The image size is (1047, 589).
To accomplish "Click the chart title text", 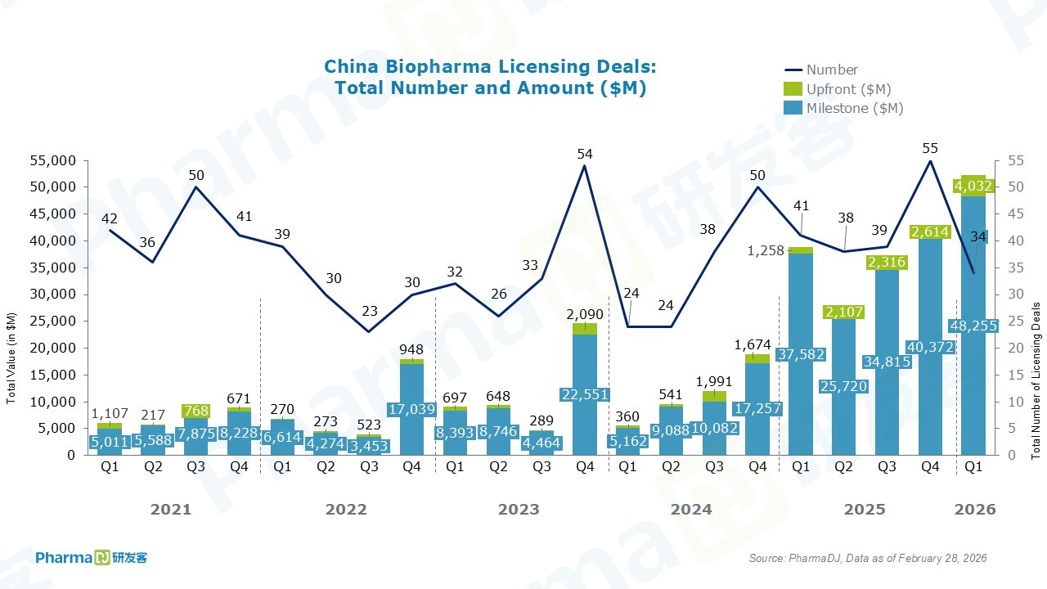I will tap(490, 77).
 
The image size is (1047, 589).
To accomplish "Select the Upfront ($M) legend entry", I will tap(848, 89).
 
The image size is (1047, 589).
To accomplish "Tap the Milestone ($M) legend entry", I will tap(855, 108).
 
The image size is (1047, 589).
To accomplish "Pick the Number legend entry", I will tap(832, 70).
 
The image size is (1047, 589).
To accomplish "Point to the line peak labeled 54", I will tap(584, 165).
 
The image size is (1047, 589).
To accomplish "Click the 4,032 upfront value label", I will tap(973, 187).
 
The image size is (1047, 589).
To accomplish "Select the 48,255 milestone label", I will tap(973, 326).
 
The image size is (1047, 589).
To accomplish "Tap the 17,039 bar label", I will tap(411, 409).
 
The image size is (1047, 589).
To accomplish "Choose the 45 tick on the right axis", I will tap(1012, 214).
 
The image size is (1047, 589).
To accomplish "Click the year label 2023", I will tap(519, 510).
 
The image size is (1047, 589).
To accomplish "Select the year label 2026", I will tap(975, 510).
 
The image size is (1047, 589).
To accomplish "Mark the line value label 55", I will tap(929, 148).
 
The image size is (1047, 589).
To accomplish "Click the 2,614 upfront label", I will tap(929, 232).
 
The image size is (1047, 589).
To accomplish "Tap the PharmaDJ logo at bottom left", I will tap(92, 558).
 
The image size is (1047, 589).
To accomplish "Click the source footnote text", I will tap(868, 558).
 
